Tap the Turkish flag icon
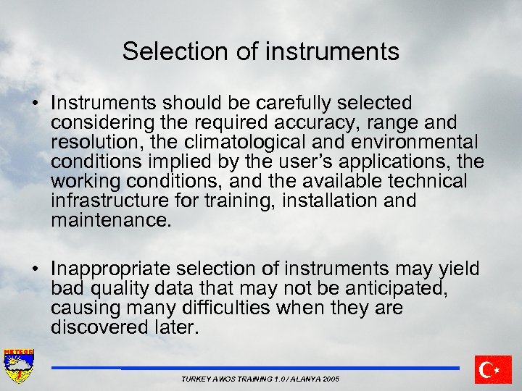pyautogui.click(x=493, y=369)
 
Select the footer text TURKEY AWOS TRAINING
pyautogui.click(x=231, y=379)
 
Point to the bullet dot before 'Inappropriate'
pyautogui.click(x=36, y=269)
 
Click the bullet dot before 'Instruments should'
pyautogui.click(x=36, y=104)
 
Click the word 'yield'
pyautogui.click(x=459, y=269)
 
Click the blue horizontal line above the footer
pyautogui.click(x=254, y=368)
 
